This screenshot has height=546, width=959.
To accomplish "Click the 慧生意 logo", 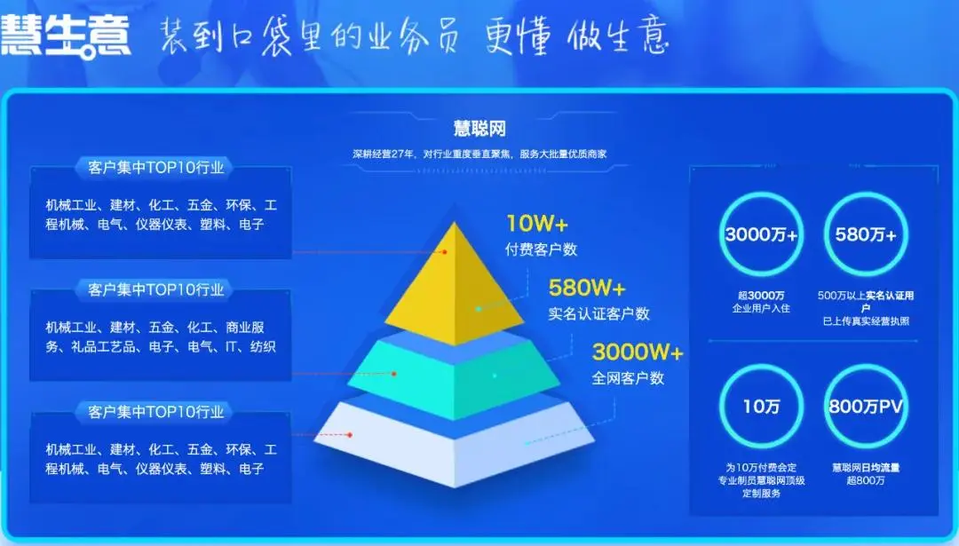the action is tap(66, 36).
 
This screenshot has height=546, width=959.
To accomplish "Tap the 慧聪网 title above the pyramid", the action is tap(479, 129).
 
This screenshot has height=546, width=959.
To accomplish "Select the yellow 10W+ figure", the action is tap(537, 224).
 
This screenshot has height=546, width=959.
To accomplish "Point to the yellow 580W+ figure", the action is tap(587, 288).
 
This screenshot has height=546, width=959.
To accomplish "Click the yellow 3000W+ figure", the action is tap(638, 352).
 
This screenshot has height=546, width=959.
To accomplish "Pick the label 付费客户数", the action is tap(541, 249).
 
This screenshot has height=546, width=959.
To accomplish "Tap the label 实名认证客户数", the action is tap(598, 313).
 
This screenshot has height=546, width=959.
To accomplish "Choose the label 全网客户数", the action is tap(628, 378).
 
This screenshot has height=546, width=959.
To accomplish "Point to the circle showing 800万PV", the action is tap(866, 366).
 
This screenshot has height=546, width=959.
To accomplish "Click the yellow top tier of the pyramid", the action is tap(455, 288).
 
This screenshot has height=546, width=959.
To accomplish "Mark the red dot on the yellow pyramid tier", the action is tap(445, 252).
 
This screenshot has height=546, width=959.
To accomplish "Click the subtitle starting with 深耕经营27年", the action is tap(479, 154).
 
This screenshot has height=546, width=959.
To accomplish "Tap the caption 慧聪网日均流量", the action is tap(866, 468).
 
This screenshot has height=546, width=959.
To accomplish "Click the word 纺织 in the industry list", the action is tap(263, 346).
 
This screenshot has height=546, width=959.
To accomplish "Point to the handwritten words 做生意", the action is tap(618, 36).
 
